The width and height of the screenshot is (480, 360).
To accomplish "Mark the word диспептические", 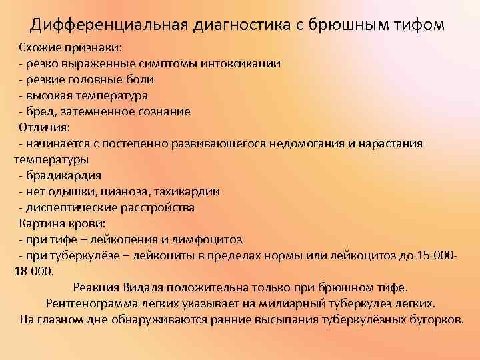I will click(69, 207).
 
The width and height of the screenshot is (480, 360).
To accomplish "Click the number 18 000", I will click(34, 271).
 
